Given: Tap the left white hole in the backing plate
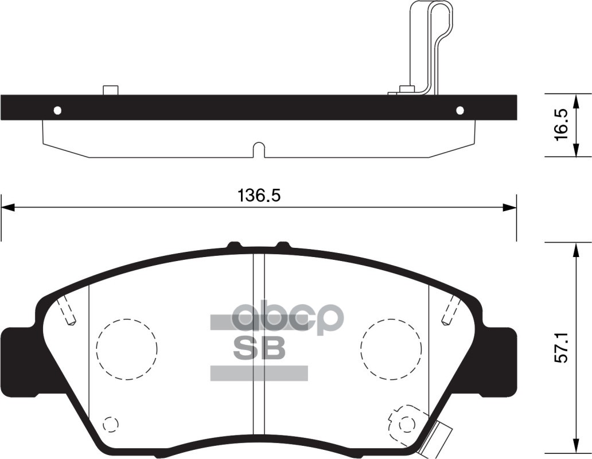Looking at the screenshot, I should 57,110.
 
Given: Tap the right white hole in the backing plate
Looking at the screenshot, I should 460,110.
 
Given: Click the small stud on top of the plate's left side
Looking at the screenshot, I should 110,90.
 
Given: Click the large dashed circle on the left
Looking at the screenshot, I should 127,348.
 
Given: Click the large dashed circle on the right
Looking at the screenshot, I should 391,348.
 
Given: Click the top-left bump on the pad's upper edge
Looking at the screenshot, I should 234,246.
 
